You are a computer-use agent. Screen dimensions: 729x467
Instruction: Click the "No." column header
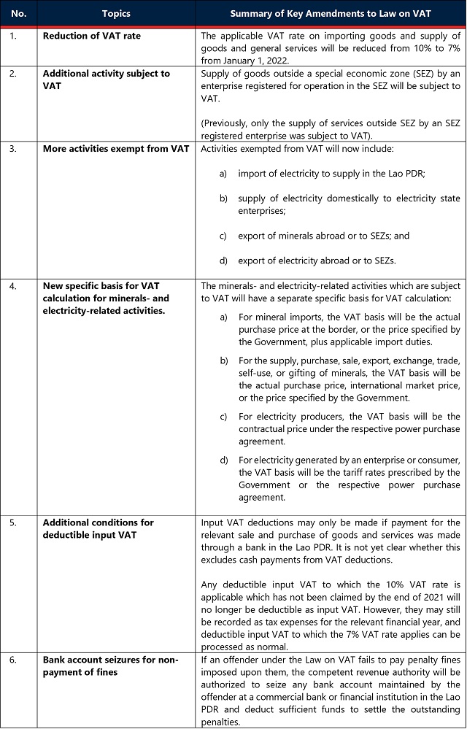coord(19,13)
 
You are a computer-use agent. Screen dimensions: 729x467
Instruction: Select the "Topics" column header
coord(117,13)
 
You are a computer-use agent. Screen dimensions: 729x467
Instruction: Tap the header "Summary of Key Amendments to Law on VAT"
coord(330,13)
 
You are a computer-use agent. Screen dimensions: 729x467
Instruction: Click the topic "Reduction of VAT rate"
coord(91,36)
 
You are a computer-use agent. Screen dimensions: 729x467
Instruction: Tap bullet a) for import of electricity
coord(223,172)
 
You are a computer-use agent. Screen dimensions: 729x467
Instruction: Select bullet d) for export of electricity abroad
coord(223,261)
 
